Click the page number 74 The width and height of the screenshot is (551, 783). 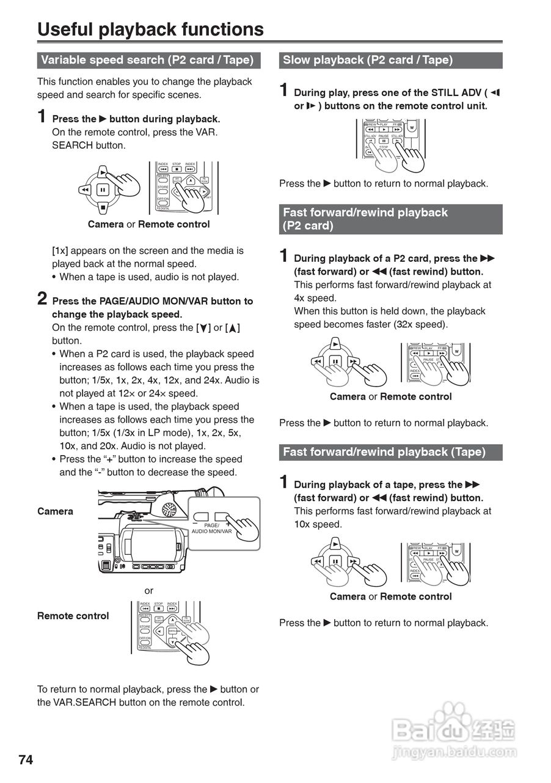pos(26,760)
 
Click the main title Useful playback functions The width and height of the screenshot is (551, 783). pos(150,29)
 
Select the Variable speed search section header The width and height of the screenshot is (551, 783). pos(148,60)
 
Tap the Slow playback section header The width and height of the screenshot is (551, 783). pos(367,60)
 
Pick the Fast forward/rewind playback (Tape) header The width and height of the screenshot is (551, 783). pos(384,452)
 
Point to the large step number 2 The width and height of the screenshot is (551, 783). pos(42,299)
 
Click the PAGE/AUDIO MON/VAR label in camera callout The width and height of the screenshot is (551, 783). pos(212,528)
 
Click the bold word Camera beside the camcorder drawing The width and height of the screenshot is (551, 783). pos(55,511)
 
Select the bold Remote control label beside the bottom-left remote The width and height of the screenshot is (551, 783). pos(73,616)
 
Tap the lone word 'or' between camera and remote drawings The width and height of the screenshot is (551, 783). pos(148,590)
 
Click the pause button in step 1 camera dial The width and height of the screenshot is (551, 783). pos(103,190)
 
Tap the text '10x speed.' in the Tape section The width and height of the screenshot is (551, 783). pos(318,524)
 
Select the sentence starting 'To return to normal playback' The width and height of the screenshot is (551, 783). pos(148,696)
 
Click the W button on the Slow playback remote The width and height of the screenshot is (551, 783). pos(411,128)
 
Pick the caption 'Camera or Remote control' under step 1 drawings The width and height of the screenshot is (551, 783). pos(148,225)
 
